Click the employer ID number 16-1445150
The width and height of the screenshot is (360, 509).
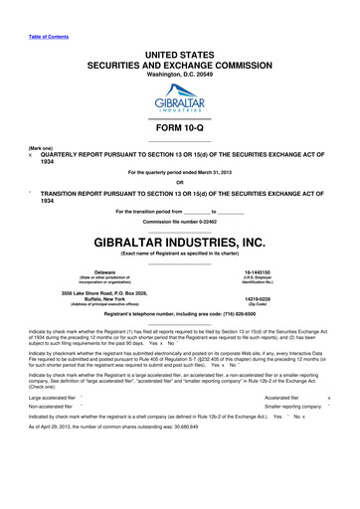coord(258,270)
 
